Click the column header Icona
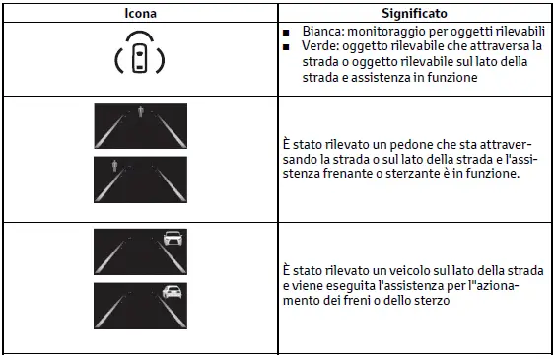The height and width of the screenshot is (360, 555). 140,13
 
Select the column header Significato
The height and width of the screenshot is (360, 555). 414,13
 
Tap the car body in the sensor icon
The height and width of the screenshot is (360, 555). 139,58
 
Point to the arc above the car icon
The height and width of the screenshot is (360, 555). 140,36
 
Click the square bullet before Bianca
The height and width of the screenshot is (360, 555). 286,33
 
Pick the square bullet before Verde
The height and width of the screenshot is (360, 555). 286,47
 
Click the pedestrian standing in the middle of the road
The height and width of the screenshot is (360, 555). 141,111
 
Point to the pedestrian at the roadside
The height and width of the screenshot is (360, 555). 114,166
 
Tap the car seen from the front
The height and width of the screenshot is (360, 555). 173,238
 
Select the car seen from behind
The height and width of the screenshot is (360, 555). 173,292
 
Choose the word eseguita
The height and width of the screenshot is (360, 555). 349,286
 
